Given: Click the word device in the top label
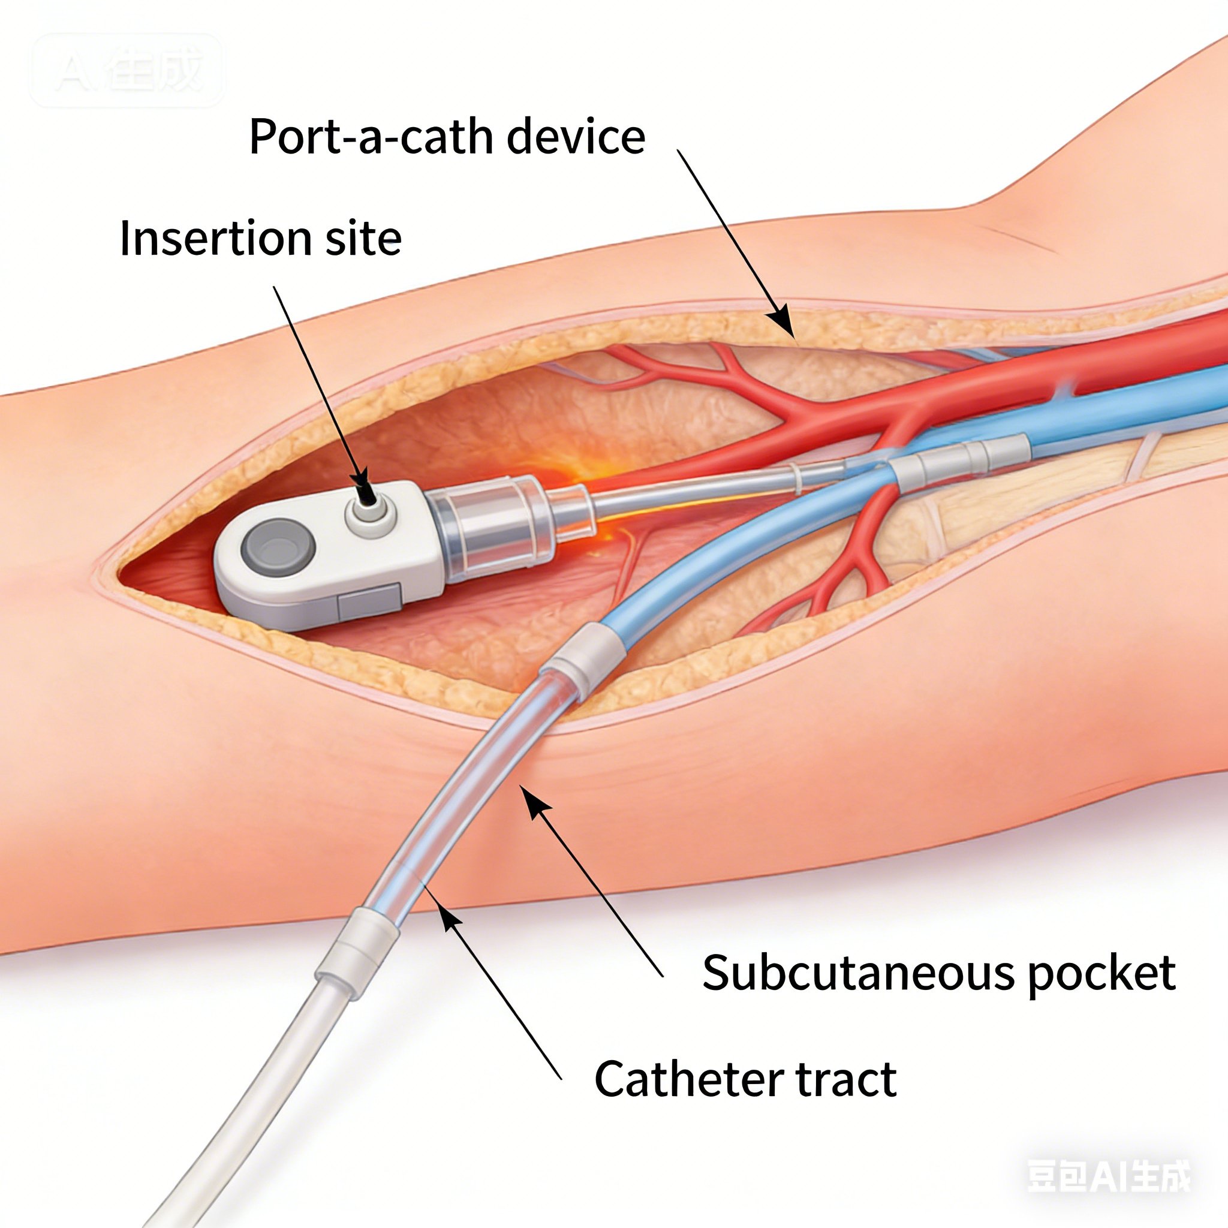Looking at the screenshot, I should [x=576, y=137].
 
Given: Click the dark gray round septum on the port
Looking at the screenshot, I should [x=278, y=547].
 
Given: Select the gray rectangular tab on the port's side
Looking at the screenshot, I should [x=369, y=601].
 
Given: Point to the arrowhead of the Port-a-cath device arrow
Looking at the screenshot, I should [x=783, y=324].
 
